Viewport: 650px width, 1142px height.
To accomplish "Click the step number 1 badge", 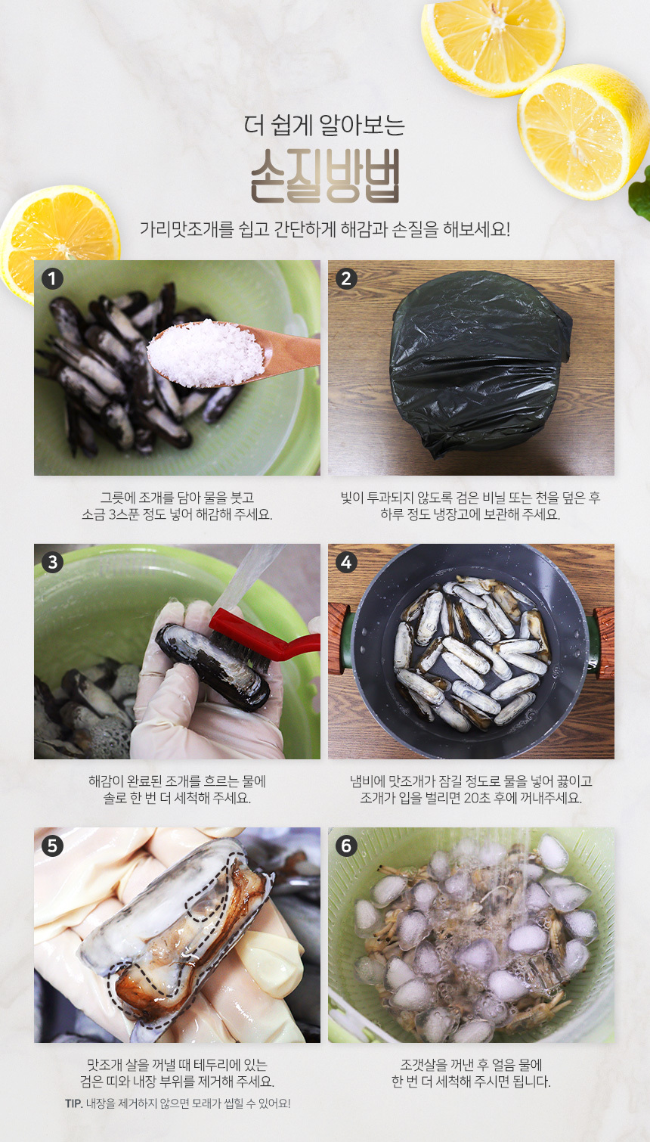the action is [52, 279].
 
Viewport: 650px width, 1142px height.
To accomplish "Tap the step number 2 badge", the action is [346, 279].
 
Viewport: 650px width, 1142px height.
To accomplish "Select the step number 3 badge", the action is [52, 563].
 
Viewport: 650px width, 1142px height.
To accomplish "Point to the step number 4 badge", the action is [346, 563].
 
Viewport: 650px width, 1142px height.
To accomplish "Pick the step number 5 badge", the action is [52, 846].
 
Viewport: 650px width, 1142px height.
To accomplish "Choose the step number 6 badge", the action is [346, 846].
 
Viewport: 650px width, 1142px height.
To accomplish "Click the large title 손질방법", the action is [325, 176].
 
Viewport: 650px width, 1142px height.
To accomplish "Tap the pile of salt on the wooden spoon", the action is [206, 352].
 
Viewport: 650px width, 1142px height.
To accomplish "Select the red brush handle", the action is [265, 633].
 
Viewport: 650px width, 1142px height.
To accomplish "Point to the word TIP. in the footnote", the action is [74, 1103].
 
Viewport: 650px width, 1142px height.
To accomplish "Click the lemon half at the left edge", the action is [59, 240].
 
